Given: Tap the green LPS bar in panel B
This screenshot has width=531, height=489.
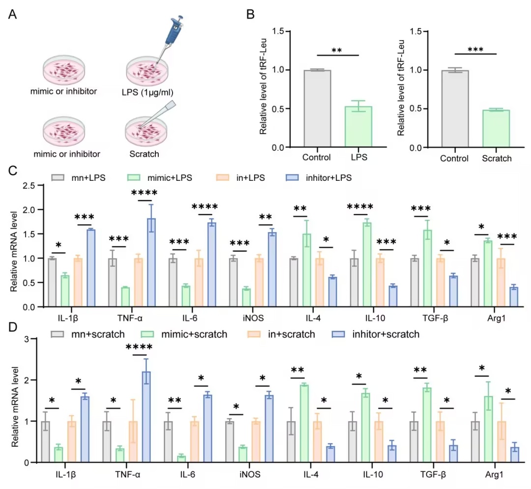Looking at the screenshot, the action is tap(358, 127).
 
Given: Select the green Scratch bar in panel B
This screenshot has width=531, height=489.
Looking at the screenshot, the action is tap(496, 129).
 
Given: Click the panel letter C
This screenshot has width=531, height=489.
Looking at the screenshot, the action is tap(12, 171).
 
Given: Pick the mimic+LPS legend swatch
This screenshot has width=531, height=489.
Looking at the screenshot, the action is tap(134, 178).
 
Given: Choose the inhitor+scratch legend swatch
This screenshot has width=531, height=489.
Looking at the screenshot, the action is tap(338, 334).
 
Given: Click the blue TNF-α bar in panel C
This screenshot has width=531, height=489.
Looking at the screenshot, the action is tap(151, 262).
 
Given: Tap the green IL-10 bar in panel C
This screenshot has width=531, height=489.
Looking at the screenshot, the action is tap(367, 264).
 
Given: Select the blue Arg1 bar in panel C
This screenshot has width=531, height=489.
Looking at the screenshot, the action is tap(514, 297).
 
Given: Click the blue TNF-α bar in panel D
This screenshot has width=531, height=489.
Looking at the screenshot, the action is tap(146, 417).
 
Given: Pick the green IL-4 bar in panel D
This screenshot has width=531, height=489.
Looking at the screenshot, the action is tap(304, 424).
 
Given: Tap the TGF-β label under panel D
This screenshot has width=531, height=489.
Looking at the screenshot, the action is tap(433, 474).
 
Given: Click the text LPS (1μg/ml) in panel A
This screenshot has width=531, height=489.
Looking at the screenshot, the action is tap(147, 92).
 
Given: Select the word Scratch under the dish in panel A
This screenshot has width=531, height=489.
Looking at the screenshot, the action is tap(144, 154).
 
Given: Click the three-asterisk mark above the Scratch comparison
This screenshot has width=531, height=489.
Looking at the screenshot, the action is tap(475, 50).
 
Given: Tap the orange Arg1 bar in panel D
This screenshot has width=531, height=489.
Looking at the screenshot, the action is tap(501, 442).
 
